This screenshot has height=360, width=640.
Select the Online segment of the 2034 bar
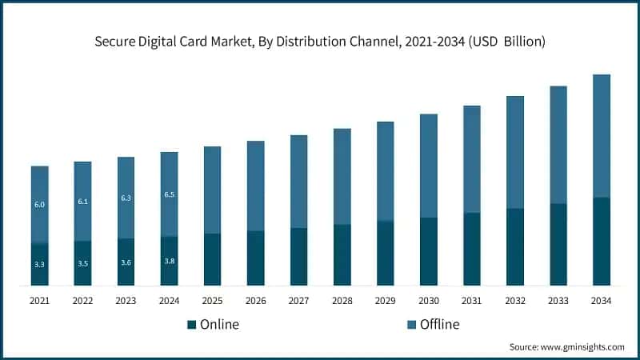click(x=601, y=241)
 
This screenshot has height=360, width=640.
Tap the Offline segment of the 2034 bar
click(x=601, y=136)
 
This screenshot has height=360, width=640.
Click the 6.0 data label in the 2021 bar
click(x=39, y=205)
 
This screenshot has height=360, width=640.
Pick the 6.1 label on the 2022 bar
click(x=82, y=202)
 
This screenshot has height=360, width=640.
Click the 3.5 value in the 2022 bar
click(x=82, y=262)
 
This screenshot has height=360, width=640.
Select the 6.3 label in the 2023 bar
click(x=126, y=198)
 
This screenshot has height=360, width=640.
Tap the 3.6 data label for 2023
click(x=126, y=262)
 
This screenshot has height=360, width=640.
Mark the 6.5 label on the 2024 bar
click(x=169, y=194)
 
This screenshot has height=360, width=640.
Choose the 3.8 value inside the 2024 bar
click(x=169, y=261)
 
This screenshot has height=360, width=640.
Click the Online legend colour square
click(x=191, y=324)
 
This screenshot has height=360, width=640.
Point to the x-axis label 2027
click(x=298, y=301)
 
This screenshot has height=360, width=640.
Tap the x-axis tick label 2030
click(x=428, y=301)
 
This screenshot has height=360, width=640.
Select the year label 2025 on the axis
click(x=212, y=301)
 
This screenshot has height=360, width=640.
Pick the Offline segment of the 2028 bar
click(x=342, y=176)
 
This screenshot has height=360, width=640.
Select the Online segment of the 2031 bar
click(x=471, y=249)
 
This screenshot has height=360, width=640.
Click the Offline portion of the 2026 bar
click(x=255, y=186)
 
